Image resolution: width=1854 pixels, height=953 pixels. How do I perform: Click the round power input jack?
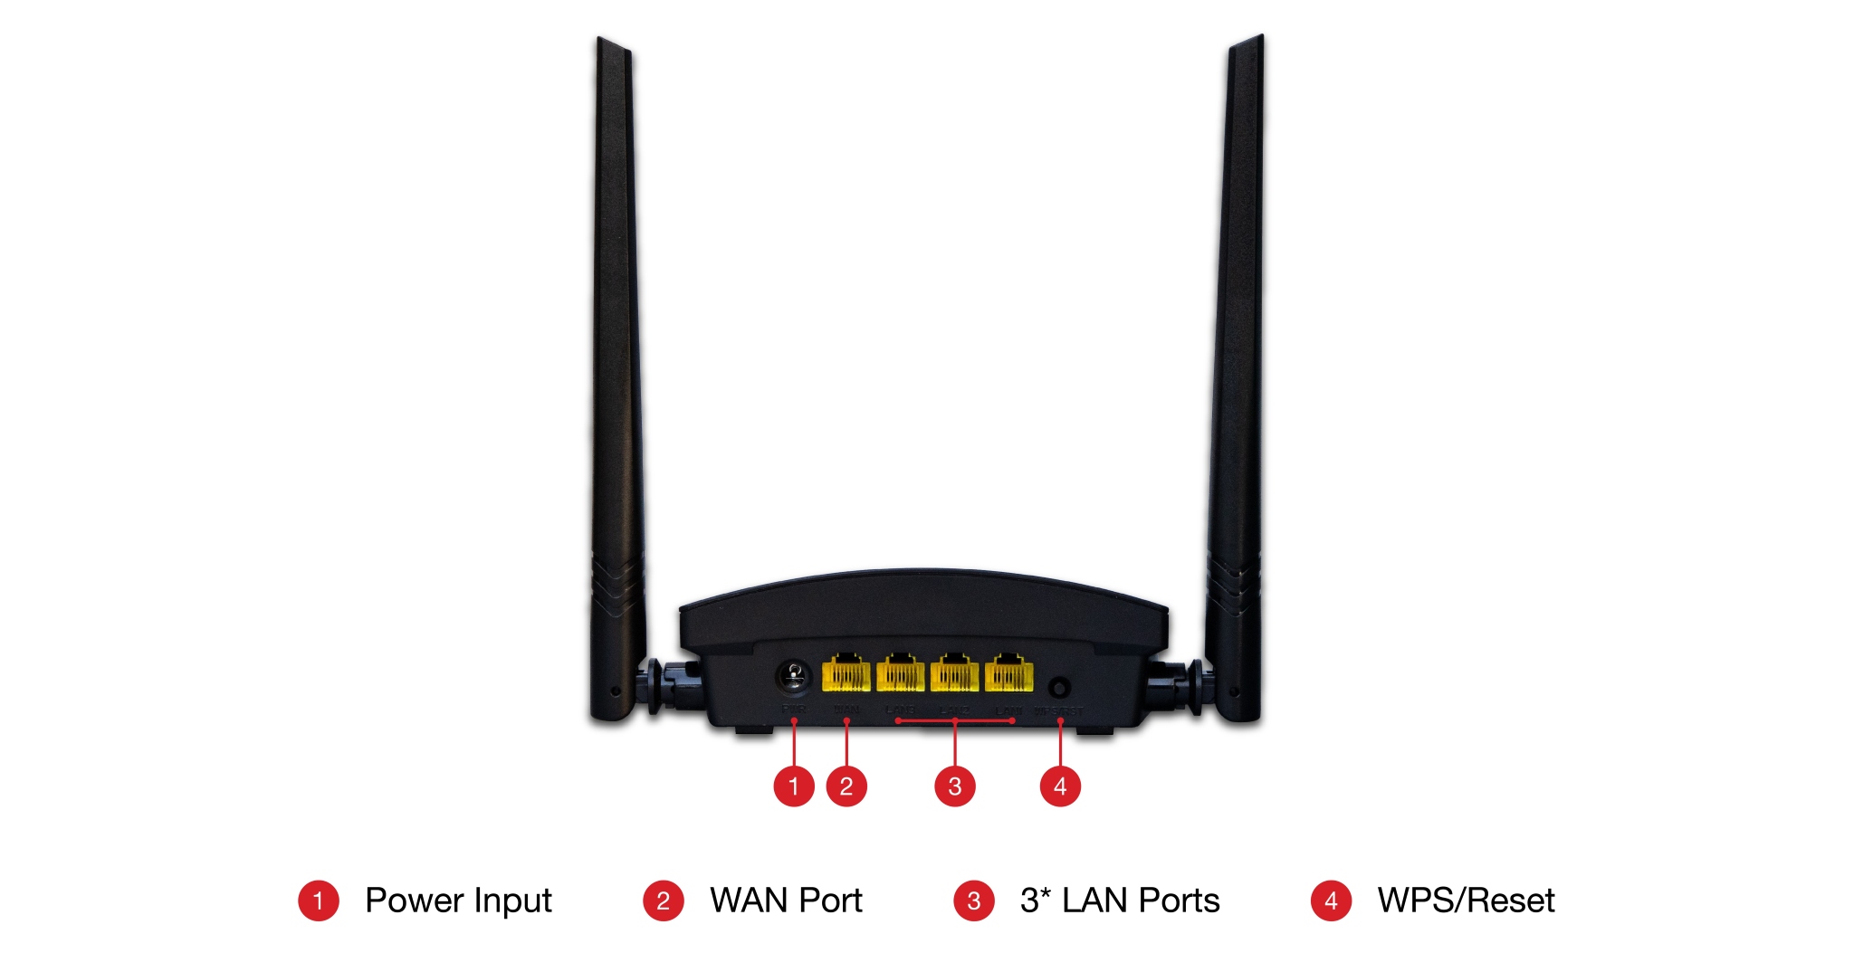click(794, 675)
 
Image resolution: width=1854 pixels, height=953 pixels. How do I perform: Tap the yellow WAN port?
click(846, 673)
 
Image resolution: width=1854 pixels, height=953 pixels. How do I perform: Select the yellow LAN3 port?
click(900, 673)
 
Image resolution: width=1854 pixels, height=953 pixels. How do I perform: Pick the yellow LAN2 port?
click(954, 673)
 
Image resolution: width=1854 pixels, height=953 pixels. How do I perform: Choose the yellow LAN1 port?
click(1008, 673)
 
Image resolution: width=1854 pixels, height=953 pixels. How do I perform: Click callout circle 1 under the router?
click(794, 786)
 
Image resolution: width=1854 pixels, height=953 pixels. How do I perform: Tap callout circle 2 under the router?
click(846, 786)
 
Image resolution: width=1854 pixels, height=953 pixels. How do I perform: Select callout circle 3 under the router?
click(955, 786)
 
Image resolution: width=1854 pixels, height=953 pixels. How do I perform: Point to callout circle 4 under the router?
click(1060, 786)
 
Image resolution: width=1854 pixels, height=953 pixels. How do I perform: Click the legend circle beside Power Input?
click(319, 901)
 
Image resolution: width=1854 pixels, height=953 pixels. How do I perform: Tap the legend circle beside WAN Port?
click(663, 901)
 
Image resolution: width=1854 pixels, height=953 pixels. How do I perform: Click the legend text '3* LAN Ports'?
click(1120, 901)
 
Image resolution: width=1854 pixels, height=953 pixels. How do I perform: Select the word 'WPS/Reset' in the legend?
click(1466, 901)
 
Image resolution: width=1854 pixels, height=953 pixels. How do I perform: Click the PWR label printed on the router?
click(794, 710)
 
